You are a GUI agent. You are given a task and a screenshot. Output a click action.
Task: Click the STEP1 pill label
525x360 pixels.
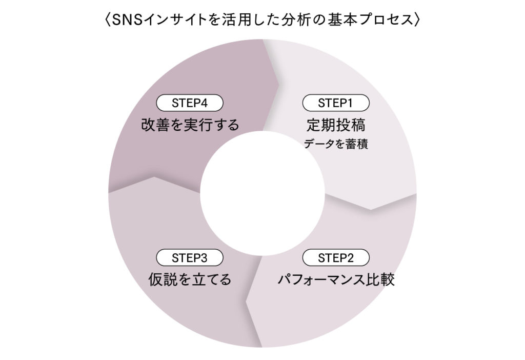pos(336,103)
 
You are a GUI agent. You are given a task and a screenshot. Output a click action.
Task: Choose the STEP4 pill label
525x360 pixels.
pos(190,103)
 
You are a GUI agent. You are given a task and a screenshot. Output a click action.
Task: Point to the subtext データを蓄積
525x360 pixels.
pos(336,144)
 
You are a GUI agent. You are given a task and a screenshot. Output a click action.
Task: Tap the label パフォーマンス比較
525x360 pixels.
pos(336,281)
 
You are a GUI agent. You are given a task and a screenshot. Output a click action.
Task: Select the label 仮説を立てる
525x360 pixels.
pos(190,280)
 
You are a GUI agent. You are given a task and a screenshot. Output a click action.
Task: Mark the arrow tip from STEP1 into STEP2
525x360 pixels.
pos(371,209)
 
